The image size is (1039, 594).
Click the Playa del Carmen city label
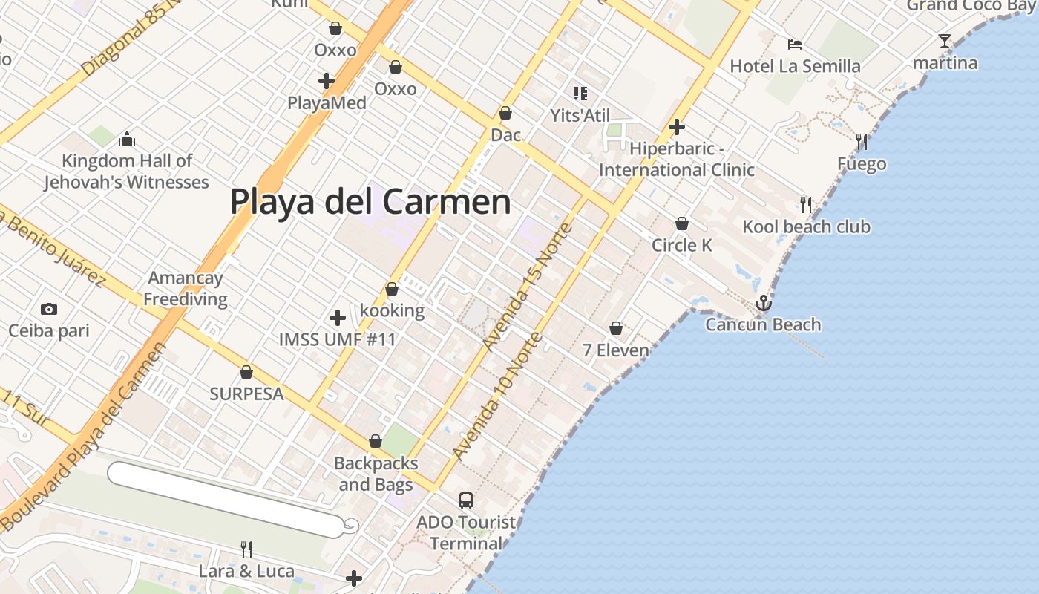tap(370, 201)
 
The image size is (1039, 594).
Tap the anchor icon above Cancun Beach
tap(763, 303)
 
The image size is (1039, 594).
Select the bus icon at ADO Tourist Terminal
tap(466, 500)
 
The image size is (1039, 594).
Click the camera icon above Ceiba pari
tap(49, 309)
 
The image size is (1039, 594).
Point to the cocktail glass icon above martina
tap(945, 41)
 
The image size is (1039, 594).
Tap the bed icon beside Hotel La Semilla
tap(795, 45)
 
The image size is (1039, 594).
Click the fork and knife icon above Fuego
tap(862, 141)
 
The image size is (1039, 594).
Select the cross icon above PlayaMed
tap(327, 81)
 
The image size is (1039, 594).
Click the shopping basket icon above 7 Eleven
tap(616, 328)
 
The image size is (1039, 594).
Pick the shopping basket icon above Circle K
tap(681, 223)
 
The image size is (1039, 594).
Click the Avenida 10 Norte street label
tap(497, 397)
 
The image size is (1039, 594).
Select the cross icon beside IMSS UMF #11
tap(338, 318)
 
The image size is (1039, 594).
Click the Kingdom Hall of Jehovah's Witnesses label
tap(126, 172)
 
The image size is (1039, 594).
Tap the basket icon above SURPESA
tap(246, 372)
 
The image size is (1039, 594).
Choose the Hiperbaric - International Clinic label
tap(676, 159)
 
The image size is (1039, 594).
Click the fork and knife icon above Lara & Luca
tap(246, 549)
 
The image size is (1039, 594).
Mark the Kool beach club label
tap(807, 226)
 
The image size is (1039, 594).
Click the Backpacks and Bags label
tap(376, 474)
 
